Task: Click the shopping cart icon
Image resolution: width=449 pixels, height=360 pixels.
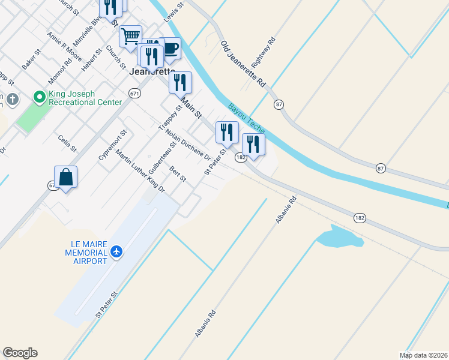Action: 130,37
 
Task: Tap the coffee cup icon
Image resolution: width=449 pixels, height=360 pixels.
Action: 170,48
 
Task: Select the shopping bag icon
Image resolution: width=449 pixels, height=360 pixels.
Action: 65,177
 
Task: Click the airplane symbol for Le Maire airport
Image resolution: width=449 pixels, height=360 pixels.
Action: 117,251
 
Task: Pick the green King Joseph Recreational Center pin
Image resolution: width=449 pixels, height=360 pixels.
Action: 40,96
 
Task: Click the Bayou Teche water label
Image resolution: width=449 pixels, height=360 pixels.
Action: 246,123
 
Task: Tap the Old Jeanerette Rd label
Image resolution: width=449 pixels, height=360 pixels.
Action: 243,65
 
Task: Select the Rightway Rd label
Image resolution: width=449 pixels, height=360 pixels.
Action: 263,53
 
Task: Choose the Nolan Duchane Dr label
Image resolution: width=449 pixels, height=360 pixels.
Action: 188,145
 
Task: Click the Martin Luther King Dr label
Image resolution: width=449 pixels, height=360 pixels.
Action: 140,170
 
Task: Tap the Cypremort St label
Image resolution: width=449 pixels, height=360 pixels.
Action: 113,145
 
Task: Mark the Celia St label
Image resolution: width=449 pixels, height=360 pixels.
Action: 67,143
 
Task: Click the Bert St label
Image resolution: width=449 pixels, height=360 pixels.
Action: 178,174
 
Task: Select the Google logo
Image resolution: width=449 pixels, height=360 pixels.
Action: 20,353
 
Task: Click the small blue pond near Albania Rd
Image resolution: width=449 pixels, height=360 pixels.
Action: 340,238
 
